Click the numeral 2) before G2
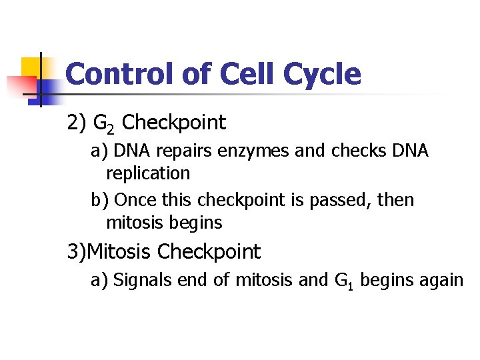click(x=77, y=123)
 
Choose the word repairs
click(x=175, y=152)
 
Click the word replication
click(x=148, y=174)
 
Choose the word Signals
click(x=142, y=281)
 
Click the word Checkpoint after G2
click(x=175, y=123)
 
